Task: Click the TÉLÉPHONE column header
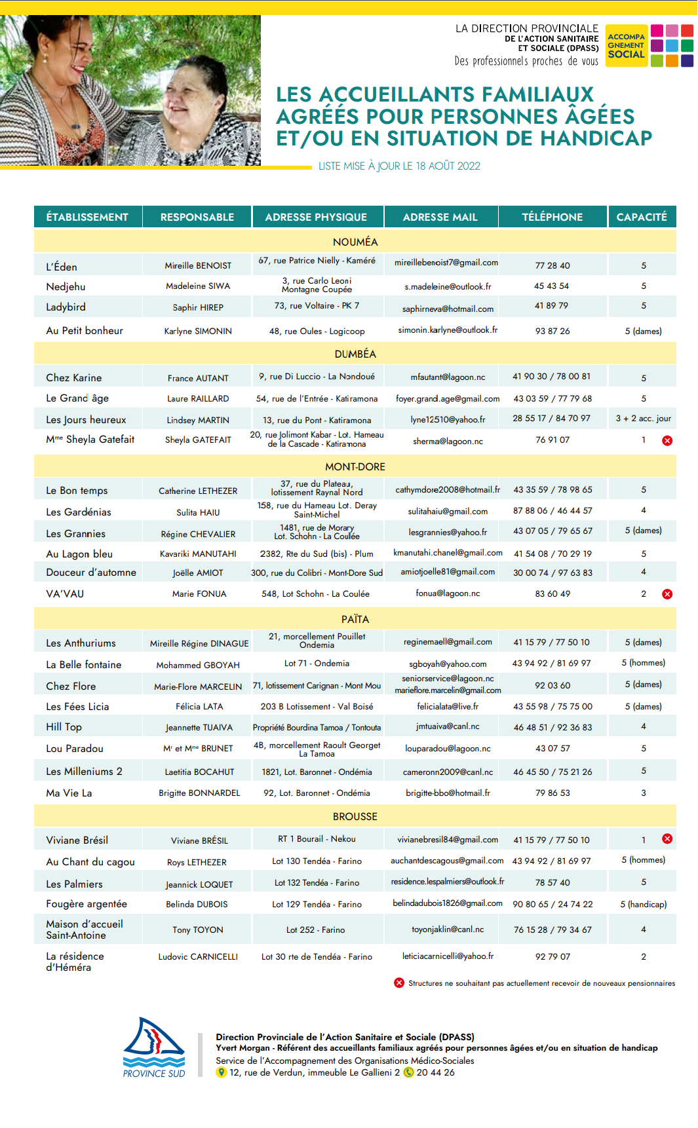(x=552, y=217)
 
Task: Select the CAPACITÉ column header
(x=641, y=217)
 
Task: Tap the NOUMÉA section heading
(x=355, y=242)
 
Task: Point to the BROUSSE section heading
(x=355, y=816)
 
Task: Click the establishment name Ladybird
(x=66, y=307)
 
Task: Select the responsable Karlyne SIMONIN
(x=198, y=331)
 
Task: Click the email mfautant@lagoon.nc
(x=448, y=377)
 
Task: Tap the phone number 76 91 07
(x=553, y=440)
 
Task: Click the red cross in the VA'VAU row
(x=667, y=594)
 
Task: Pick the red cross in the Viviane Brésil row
(x=667, y=838)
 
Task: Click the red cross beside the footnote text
(x=398, y=983)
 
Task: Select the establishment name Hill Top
(x=64, y=726)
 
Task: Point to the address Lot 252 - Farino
(x=315, y=930)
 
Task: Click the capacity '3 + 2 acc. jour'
(x=643, y=418)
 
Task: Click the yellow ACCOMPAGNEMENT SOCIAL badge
(x=627, y=45)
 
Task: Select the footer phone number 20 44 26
(x=435, y=1072)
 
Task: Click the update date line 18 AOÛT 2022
(x=399, y=166)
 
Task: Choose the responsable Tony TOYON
(x=198, y=930)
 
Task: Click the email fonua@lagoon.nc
(x=448, y=593)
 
